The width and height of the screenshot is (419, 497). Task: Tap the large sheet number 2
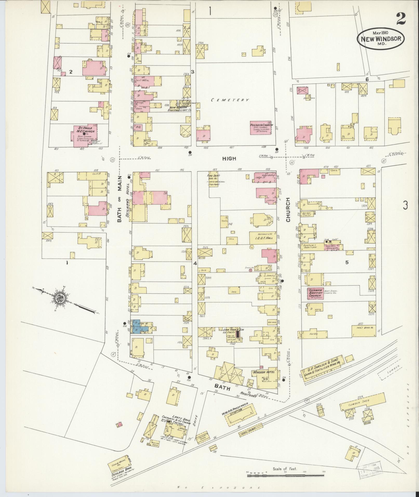click(x=401, y=19)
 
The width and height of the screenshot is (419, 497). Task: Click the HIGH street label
click(x=229, y=158)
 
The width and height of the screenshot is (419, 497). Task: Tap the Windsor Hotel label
click(x=264, y=372)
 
